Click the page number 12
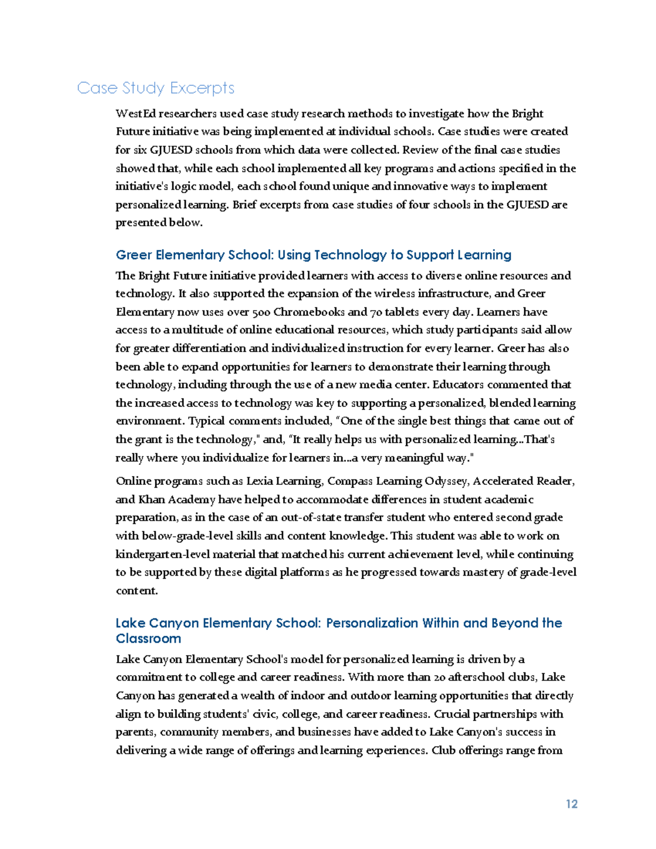571,804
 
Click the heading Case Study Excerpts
156,88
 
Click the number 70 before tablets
376,312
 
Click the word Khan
151,499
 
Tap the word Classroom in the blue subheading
148,639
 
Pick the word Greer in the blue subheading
134,255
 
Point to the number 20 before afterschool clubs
440,677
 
